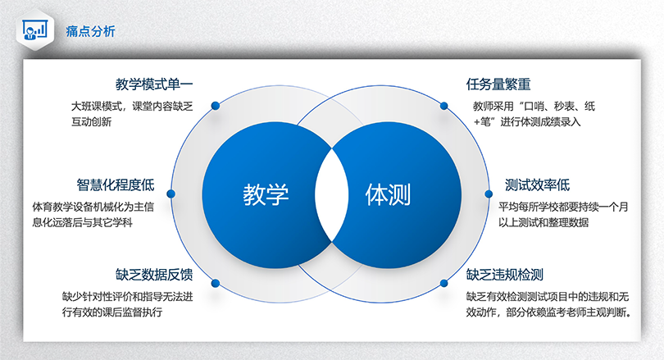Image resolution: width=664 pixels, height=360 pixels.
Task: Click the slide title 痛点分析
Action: point(90,31)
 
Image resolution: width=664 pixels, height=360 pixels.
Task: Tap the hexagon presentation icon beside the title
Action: point(35,30)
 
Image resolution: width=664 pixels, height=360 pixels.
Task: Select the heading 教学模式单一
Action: point(154,84)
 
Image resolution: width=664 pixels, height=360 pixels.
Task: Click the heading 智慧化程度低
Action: point(116,185)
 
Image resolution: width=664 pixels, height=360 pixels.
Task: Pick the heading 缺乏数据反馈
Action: point(154,275)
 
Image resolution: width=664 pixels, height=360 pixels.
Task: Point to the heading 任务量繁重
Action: point(498,84)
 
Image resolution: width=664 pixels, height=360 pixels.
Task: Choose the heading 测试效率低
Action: point(537,185)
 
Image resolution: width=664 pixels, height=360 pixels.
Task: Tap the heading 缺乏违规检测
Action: point(505,275)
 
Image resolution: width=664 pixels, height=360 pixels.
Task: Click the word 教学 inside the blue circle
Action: point(266,195)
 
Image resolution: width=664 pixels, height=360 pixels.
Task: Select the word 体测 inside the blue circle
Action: point(388,195)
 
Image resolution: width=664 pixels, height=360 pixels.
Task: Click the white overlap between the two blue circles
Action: point(331,195)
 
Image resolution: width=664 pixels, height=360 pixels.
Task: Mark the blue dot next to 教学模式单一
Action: point(216,106)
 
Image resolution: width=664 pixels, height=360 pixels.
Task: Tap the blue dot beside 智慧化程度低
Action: point(171,194)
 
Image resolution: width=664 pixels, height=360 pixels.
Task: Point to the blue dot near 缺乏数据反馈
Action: point(216,283)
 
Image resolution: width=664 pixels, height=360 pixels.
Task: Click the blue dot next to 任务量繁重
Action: point(443,106)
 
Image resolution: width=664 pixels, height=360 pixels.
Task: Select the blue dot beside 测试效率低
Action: point(489,194)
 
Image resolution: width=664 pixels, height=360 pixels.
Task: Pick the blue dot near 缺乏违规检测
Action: point(443,283)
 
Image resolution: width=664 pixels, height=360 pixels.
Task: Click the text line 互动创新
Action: point(92,122)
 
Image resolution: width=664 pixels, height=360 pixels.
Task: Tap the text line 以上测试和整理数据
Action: point(543,222)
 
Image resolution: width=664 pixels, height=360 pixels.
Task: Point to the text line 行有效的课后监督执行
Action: point(112,312)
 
